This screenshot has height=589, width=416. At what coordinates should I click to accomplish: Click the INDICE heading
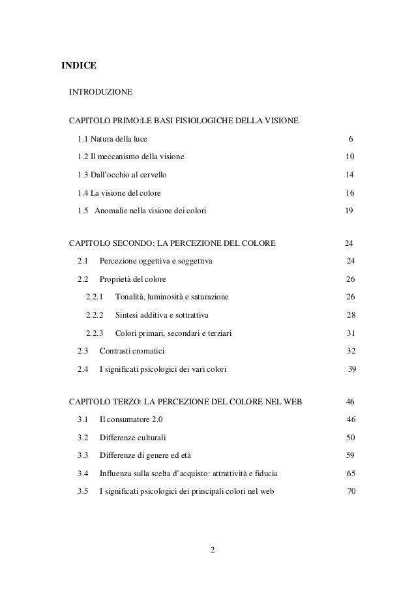coord(78,66)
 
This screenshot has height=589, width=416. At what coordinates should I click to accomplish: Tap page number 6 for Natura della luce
coord(350,139)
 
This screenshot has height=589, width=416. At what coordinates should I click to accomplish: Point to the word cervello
coord(151,175)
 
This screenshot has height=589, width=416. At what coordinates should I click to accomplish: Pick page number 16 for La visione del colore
coord(349,194)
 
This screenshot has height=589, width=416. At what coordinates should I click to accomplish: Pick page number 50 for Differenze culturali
coord(350,437)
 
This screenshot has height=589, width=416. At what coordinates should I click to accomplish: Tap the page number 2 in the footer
coord(211,547)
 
